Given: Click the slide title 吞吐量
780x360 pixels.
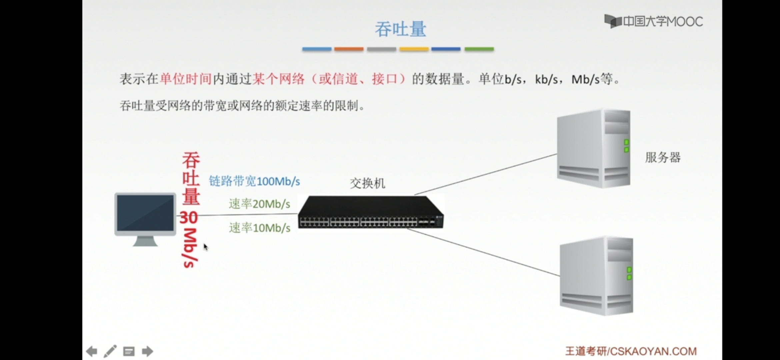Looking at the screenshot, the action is pos(400,29).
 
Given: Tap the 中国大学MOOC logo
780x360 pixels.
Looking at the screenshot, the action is pos(653,22).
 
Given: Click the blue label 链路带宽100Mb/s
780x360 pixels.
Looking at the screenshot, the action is pos(254,181).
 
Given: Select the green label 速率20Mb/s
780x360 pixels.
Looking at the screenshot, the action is pos(259,204).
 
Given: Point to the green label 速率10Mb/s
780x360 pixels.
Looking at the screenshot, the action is pos(259,228).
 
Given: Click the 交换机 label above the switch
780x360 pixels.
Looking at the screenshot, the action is pos(367,183).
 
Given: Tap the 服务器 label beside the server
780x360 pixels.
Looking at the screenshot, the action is pos(663,157).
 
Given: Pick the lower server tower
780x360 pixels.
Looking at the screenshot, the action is pos(596,276).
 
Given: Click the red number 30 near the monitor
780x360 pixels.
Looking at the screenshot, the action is pos(189,217).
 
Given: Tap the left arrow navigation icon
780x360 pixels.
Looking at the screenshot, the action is pos(92,351).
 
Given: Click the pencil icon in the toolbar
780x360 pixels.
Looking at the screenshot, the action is pos(110,351).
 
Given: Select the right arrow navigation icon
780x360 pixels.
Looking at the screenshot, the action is pos(147,351).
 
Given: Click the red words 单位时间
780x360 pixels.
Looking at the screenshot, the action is pos(186,79).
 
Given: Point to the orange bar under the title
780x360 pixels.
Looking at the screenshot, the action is pos(349,49).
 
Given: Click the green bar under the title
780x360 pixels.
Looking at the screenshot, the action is pos(479,49).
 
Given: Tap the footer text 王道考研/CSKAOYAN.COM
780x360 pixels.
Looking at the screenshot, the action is pos(631,351).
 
